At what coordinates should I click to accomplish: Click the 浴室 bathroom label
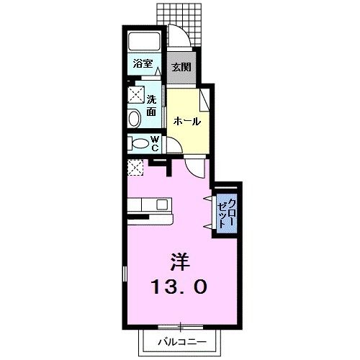tap(143, 64)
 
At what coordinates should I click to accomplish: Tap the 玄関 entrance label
tap(181, 67)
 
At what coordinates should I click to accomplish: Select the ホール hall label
tap(187, 122)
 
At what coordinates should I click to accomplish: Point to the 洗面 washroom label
tap(152, 106)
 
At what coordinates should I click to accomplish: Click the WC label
tap(156, 143)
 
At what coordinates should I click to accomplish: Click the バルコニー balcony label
tap(182, 341)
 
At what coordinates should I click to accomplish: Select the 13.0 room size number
tap(179, 287)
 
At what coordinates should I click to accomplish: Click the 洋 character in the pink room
tap(180, 262)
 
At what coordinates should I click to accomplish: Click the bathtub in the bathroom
tap(144, 41)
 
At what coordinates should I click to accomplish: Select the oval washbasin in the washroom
tap(135, 118)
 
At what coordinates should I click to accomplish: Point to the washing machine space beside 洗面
tap(136, 94)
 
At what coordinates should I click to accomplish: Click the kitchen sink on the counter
tap(162, 204)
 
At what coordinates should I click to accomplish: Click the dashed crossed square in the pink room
tap(135, 168)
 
